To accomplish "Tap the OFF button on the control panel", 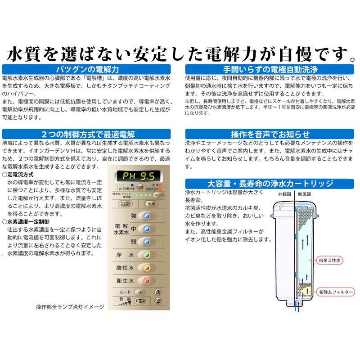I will [158, 301].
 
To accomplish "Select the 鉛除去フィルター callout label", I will [335, 292].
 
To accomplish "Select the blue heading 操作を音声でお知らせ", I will [270, 134].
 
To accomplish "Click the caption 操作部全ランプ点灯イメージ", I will [70, 307].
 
